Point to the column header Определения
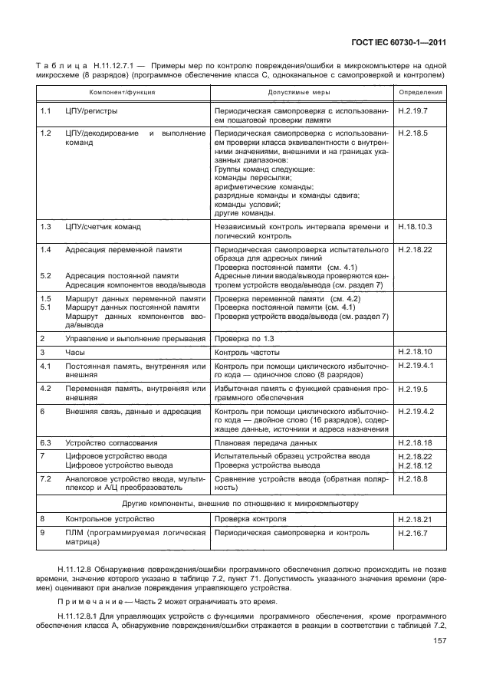coord(420,91)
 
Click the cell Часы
coord(74,352)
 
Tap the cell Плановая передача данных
coord(265,442)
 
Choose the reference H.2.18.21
coord(415,519)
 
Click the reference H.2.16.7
coord(413,532)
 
